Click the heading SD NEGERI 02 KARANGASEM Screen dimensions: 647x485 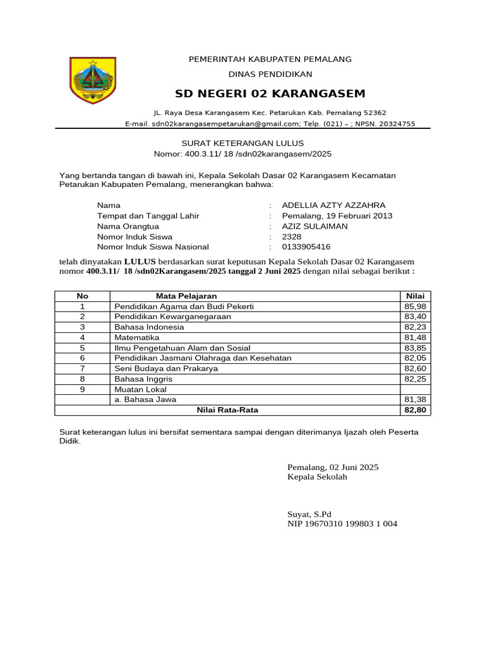click(270, 94)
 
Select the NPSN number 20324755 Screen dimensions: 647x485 click(394, 124)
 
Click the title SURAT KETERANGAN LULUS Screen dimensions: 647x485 click(242, 143)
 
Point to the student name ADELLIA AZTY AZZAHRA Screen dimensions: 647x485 click(333, 205)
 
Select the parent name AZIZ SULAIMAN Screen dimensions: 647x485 click(314, 226)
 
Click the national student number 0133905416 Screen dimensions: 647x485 click(306, 247)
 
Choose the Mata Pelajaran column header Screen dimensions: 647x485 click(186, 296)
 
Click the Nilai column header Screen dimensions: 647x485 click(415, 296)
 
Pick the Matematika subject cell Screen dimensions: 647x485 click(136, 337)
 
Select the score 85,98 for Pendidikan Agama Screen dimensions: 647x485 click(415, 306)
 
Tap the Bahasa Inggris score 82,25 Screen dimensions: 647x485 click(415, 379)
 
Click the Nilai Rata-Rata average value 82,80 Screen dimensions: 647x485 click(415, 410)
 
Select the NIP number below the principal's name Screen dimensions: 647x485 click(342, 524)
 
